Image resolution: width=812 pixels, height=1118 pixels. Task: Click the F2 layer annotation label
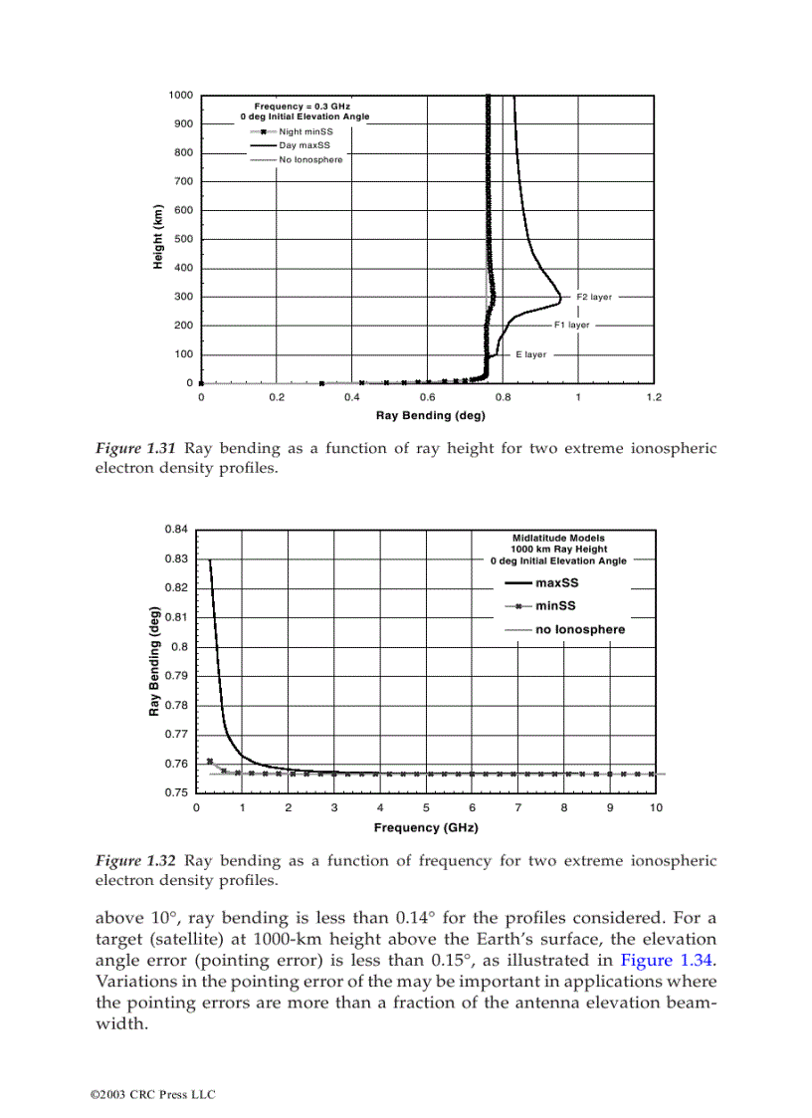(594, 297)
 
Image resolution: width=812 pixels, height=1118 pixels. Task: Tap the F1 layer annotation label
(571, 325)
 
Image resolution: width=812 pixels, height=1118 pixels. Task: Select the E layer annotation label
(530, 354)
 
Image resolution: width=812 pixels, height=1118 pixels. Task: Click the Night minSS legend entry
(304, 131)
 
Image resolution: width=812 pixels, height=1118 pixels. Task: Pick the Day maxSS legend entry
(304, 145)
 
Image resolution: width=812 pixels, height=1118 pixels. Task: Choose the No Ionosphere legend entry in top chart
(310, 159)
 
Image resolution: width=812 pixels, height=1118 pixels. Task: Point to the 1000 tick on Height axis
(180, 96)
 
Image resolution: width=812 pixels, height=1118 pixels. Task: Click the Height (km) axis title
(157, 238)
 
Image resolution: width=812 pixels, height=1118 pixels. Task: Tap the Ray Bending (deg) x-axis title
(430, 416)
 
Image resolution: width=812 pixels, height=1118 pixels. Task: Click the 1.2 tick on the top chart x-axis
(653, 396)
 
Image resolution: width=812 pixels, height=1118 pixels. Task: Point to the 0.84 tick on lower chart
(176, 529)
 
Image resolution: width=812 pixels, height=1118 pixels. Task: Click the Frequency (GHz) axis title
(426, 827)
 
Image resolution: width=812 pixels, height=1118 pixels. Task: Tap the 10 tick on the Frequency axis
(656, 807)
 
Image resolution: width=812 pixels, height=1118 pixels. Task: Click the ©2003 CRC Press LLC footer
(152, 1094)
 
